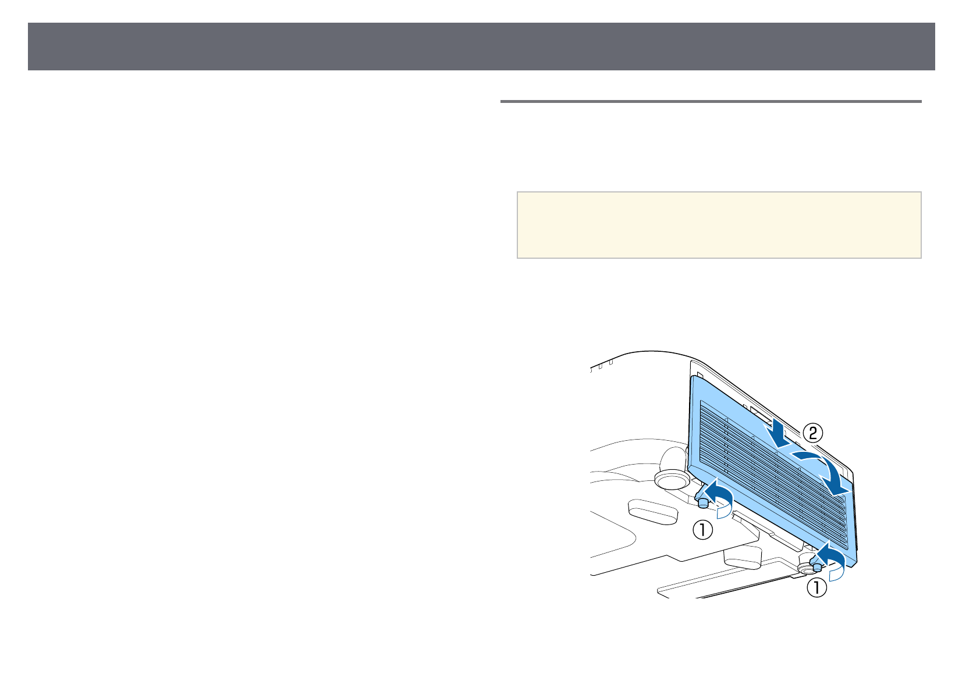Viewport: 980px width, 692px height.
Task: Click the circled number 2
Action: click(x=812, y=433)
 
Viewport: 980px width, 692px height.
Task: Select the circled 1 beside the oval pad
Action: click(x=702, y=530)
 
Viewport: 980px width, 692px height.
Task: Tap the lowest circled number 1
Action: click(x=816, y=587)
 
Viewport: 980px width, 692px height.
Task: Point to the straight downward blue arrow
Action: click(x=777, y=433)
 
